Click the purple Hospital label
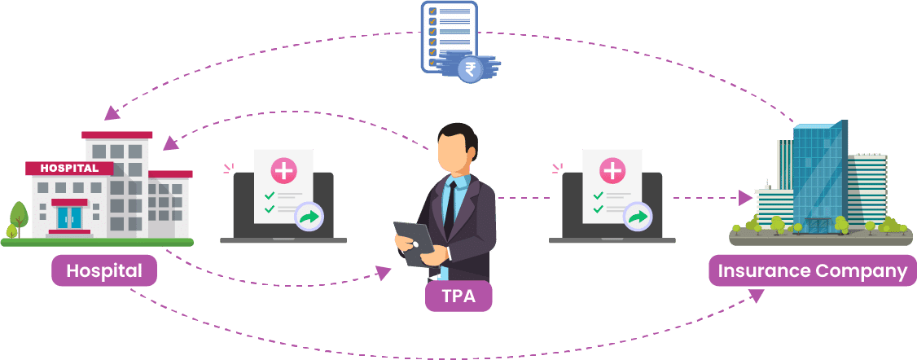104,270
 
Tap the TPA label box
458,296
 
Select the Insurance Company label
813,270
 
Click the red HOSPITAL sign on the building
69,169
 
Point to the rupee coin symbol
470,70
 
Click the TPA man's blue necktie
450,208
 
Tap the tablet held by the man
414,243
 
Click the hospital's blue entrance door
69,218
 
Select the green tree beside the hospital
19,217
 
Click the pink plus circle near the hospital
283,171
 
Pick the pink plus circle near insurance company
612,171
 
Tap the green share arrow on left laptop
308,218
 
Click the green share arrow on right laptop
638,218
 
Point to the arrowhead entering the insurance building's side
745,198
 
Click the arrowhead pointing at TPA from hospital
383,272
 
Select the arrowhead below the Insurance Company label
757,296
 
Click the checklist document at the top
450,37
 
